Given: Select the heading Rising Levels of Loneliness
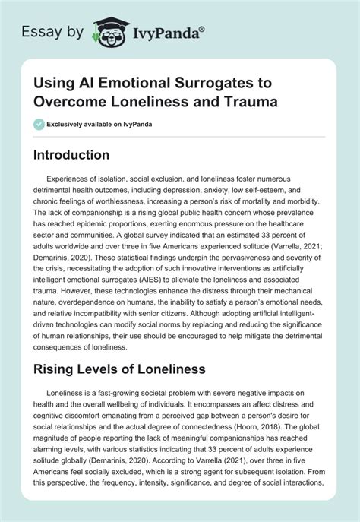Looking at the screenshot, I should click(x=120, y=370).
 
